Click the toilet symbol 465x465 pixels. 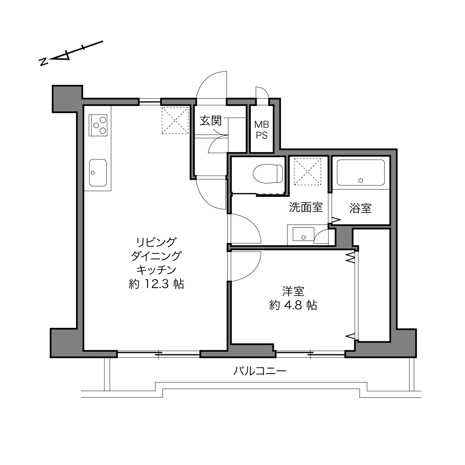coord(268,173)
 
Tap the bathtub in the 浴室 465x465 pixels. coord(360,173)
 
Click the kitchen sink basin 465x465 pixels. coord(98,173)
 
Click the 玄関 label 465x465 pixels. coord(211,121)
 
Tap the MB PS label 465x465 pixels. coord(261,130)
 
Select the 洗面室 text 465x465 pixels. coord(306,207)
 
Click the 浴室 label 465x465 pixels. coord(360,208)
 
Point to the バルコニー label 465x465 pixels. coord(260,371)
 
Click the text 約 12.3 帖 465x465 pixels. coord(156,284)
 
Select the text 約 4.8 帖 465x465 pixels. coord(293,305)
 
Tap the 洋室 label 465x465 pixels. coord(293,291)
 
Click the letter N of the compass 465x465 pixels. coord(43,62)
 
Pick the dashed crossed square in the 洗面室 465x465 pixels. coord(308,171)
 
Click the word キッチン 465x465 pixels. coord(156,270)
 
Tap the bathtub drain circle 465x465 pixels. coord(361,181)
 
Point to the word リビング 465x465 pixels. coord(156,242)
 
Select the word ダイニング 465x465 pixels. coord(156,256)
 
